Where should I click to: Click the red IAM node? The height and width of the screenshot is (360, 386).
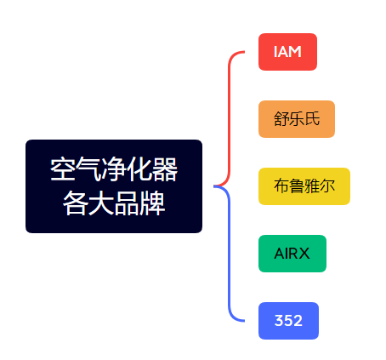pyautogui.click(x=287, y=52)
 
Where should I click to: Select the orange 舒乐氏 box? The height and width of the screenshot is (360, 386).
pyautogui.click(x=297, y=118)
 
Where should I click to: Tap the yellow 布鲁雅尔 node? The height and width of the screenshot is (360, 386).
pyautogui.click(x=304, y=186)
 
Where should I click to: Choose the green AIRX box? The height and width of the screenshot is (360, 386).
pyautogui.click(x=292, y=254)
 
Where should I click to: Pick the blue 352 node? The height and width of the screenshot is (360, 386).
pyautogui.click(x=288, y=321)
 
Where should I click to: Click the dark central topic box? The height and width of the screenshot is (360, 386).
pyautogui.click(x=114, y=186)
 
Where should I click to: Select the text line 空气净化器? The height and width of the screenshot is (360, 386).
pyautogui.click(x=114, y=169)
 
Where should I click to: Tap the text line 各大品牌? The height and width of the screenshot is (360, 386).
pyautogui.click(x=114, y=203)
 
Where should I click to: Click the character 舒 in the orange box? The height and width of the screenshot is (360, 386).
pyautogui.click(x=281, y=119)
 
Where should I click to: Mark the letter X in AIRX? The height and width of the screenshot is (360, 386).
pyautogui.click(x=304, y=254)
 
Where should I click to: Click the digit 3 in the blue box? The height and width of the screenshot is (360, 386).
pyautogui.click(x=279, y=321)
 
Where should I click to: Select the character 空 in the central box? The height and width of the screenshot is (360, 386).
pyautogui.click(x=62, y=169)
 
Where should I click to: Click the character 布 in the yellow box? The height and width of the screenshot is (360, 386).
pyautogui.click(x=281, y=186)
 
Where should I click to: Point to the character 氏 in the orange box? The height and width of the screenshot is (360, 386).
pyautogui.click(x=312, y=119)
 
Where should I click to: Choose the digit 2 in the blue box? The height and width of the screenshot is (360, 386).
pyautogui.click(x=298, y=321)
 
